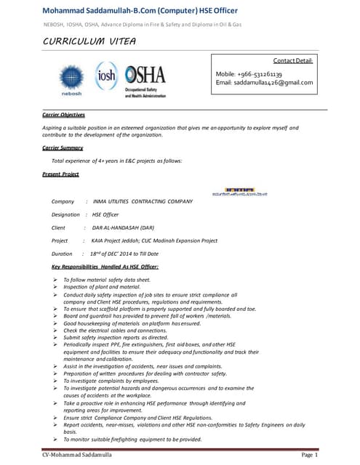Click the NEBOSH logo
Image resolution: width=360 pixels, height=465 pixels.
(x=71, y=79)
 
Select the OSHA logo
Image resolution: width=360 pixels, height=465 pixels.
(x=145, y=78)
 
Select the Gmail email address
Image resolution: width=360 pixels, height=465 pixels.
(x=265, y=83)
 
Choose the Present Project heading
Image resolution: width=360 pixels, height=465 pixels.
(x=60, y=174)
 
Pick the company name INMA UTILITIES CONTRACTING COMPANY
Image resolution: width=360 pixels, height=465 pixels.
(x=143, y=201)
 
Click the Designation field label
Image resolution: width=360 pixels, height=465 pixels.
(x=65, y=214)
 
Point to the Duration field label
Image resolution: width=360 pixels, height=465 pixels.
(x=62, y=254)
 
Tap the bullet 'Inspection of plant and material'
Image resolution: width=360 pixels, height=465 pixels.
(x=101, y=287)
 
